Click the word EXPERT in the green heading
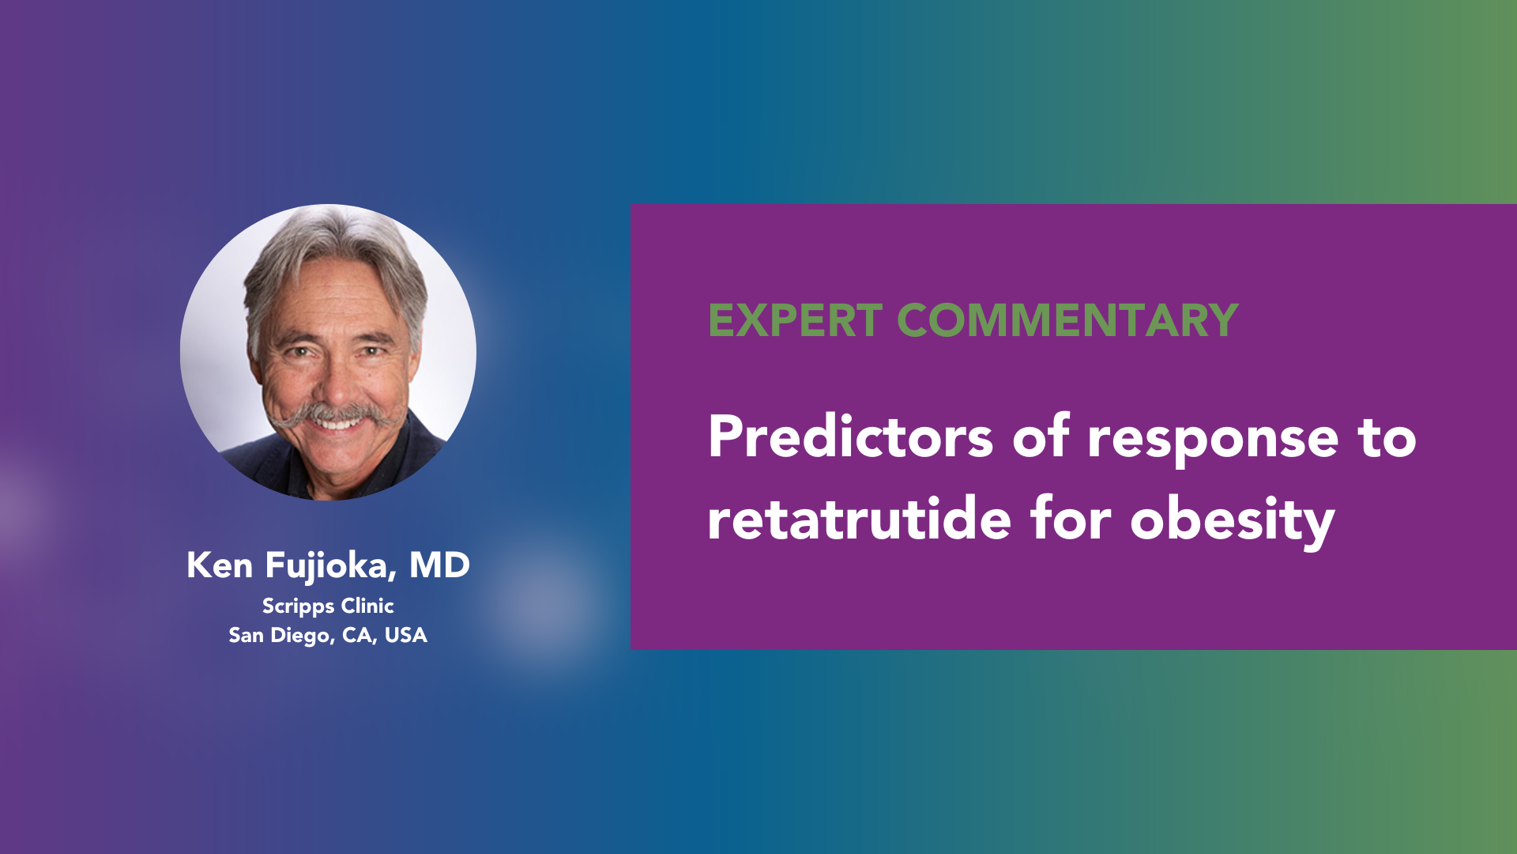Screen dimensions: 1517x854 click(x=795, y=320)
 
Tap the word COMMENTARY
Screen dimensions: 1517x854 click(x=1067, y=320)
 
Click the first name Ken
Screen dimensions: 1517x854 click(x=220, y=565)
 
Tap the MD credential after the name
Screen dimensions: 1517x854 click(x=439, y=565)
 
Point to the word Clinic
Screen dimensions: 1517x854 click(x=367, y=606)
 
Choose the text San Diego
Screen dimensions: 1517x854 click(x=281, y=637)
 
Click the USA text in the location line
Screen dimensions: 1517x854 click(x=405, y=635)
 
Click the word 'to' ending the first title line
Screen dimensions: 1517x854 click(x=1387, y=437)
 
